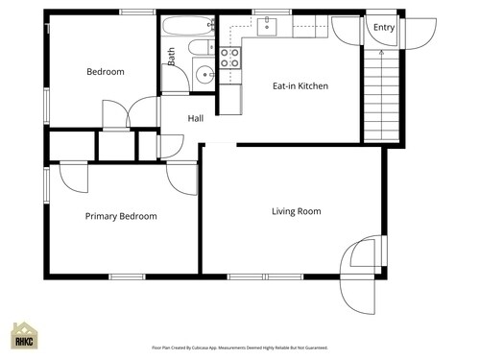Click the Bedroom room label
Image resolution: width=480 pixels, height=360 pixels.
[106, 72]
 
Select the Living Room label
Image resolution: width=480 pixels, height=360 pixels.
[296, 211]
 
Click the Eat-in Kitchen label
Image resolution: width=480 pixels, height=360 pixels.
[300, 86]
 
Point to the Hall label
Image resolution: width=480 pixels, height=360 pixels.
[196, 119]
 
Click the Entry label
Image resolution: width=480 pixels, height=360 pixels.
[383, 28]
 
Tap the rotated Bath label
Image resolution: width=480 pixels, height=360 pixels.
[172, 57]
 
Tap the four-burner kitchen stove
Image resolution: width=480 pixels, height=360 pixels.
[230, 58]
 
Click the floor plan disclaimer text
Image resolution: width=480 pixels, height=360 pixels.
[240, 348]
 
